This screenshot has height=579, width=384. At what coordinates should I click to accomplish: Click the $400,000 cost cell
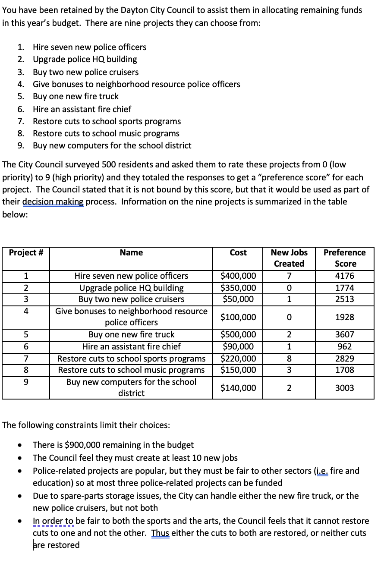tap(238, 276)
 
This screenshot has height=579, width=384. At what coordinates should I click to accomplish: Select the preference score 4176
tap(344, 276)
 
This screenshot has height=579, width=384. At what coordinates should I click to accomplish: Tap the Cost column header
tap(238, 253)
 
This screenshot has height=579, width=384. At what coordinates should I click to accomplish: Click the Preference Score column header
tap(344, 258)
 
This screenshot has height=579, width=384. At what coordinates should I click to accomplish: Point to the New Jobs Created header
tap(289, 258)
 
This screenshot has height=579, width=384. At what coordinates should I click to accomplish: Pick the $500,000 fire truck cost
tap(238, 334)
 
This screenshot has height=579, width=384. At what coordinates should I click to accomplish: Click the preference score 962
tap(344, 346)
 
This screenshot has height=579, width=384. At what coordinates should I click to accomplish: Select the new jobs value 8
tap(289, 359)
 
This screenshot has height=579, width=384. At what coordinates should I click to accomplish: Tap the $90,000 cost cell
tap(238, 346)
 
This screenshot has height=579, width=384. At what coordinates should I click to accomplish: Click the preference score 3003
tap(344, 388)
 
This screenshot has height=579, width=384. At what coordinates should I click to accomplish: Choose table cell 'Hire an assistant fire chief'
tap(131, 346)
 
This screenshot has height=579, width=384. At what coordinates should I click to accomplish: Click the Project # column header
tap(26, 253)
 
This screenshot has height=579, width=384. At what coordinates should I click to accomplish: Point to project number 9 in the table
tap(26, 382)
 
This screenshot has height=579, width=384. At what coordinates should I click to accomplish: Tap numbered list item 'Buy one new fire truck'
tap(76, 96)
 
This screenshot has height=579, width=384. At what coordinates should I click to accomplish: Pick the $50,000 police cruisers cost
tap(238, 299)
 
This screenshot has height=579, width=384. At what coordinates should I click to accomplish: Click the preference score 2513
tap(344, 299)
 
